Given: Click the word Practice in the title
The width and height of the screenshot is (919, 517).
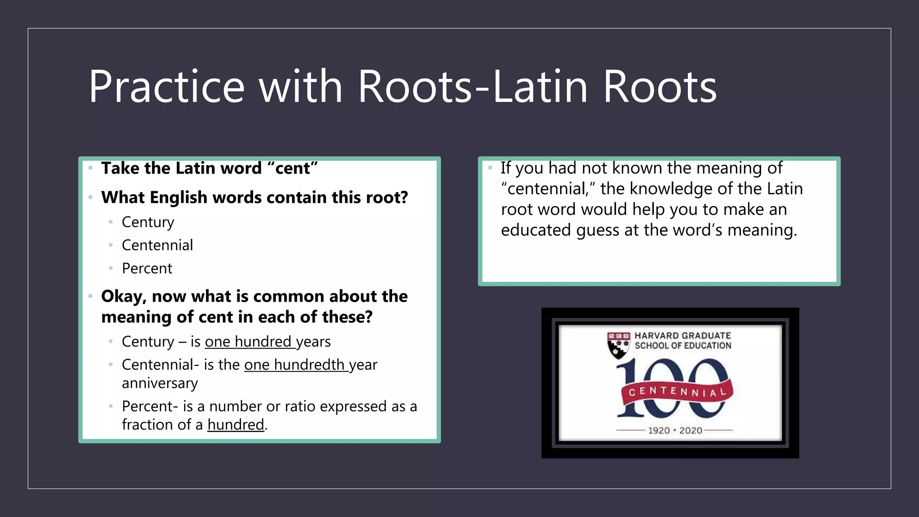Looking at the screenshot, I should (166, 87).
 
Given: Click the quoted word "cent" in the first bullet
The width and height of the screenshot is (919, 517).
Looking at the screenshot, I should (292, 168).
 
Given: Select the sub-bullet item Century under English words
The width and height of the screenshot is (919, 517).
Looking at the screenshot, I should (148, 222).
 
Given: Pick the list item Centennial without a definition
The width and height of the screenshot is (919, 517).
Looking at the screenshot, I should (157, 245).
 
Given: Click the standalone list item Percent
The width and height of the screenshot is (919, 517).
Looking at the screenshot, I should (147, 268).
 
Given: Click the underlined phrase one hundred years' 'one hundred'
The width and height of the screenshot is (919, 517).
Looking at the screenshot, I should (248, 342).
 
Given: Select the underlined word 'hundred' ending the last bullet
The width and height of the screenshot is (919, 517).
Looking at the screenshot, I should (236, 425).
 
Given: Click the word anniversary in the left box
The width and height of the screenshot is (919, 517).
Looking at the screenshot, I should (159, 383).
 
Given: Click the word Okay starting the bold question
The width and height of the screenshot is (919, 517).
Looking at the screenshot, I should (123, 297).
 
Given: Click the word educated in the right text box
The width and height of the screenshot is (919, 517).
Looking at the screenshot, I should (536, 230).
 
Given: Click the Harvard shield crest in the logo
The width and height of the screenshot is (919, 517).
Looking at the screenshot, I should (618, 345).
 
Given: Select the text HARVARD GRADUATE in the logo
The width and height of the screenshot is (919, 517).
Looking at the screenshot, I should (682, 335).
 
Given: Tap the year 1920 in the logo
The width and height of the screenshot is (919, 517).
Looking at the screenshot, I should (659, 430).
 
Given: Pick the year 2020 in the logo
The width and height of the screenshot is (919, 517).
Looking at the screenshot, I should (691, 430).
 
